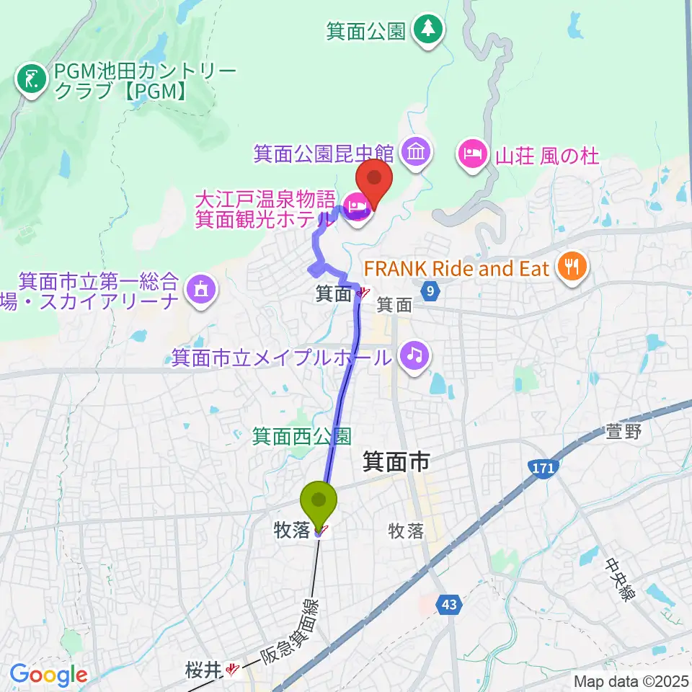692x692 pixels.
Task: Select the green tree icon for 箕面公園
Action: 429,30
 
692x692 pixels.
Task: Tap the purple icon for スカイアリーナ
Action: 198,290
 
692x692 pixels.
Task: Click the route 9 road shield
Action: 431,291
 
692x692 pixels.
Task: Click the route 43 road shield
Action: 449,607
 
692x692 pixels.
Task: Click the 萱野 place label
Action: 624,432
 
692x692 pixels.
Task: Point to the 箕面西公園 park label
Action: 301,435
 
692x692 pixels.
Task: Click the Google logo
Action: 48,675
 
